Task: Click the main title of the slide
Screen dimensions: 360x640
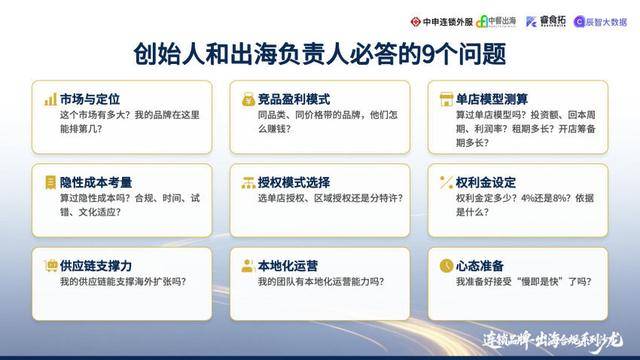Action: point(320,52)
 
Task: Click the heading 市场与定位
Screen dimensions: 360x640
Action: point(90,100)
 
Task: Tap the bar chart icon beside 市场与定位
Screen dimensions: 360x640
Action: point(49,100)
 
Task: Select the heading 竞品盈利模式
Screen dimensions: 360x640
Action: point(293,100)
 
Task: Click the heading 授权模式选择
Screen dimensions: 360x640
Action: point(293,183)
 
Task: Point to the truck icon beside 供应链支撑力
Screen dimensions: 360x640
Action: point(49,266)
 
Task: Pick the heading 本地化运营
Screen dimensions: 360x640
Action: point(287,266)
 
